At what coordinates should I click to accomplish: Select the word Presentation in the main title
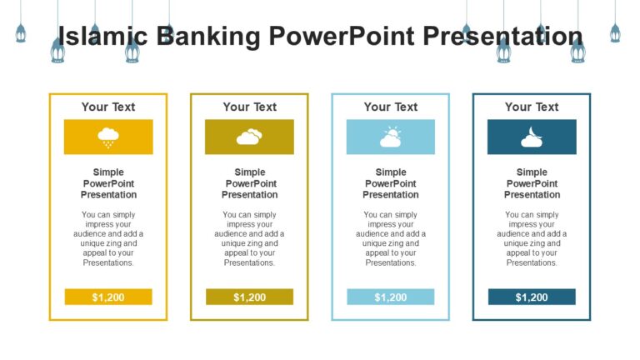[x=502, y=37]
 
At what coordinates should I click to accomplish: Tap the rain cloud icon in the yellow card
[x=108, y=137]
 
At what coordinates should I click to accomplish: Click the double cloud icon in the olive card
[x=249, y=137]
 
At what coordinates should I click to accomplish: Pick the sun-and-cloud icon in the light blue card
[x=390, y=137]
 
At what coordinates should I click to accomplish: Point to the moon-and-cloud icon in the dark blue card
[x=532, y=137]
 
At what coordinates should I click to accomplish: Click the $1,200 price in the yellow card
[x=108, y=297]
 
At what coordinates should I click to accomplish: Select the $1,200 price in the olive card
[x=249, y=297]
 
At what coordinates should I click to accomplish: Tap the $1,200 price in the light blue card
[x=390, y=297]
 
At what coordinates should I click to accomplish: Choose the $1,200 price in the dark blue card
[x=532, y=297]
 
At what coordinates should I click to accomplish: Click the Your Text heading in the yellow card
[x=108, y=107]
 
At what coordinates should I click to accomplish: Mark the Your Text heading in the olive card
[x=249, y=107]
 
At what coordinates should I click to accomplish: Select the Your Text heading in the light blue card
[x=390, y=107]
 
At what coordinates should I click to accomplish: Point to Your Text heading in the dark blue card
[x=532, y=107]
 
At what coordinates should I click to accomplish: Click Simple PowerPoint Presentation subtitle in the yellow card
[x=108, y=183]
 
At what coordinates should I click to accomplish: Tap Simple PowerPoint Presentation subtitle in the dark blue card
[x=532, y=183]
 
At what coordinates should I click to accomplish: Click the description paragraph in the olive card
[x=249, y=238]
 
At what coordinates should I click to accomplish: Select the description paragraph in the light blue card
[x=390, y=238]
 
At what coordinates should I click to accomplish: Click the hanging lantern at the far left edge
[x=21, y=33]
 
